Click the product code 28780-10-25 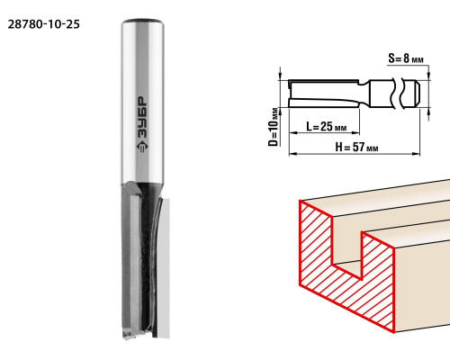44,24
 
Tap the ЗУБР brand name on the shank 142,118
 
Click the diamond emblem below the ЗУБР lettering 142,147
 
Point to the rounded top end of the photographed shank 142,22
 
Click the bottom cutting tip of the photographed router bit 129,334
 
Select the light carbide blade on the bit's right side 164,267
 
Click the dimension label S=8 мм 406,58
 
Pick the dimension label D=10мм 273,127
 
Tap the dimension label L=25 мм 326,126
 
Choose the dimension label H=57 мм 356,147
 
